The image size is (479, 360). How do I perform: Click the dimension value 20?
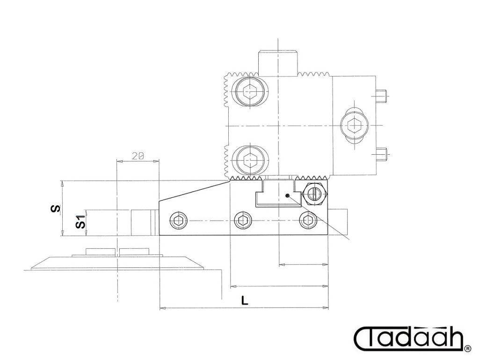[x=138, y=156]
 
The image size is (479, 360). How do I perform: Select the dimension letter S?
[x=55, y=209]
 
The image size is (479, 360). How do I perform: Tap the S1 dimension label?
[x=80, y=222]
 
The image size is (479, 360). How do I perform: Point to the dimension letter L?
[x=245, y=301]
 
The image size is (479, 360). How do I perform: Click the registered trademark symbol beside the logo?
[x=468, y=348]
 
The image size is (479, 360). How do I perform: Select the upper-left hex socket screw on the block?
[x=251, y=90]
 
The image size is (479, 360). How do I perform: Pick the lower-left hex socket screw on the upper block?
[x=251, y=159]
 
